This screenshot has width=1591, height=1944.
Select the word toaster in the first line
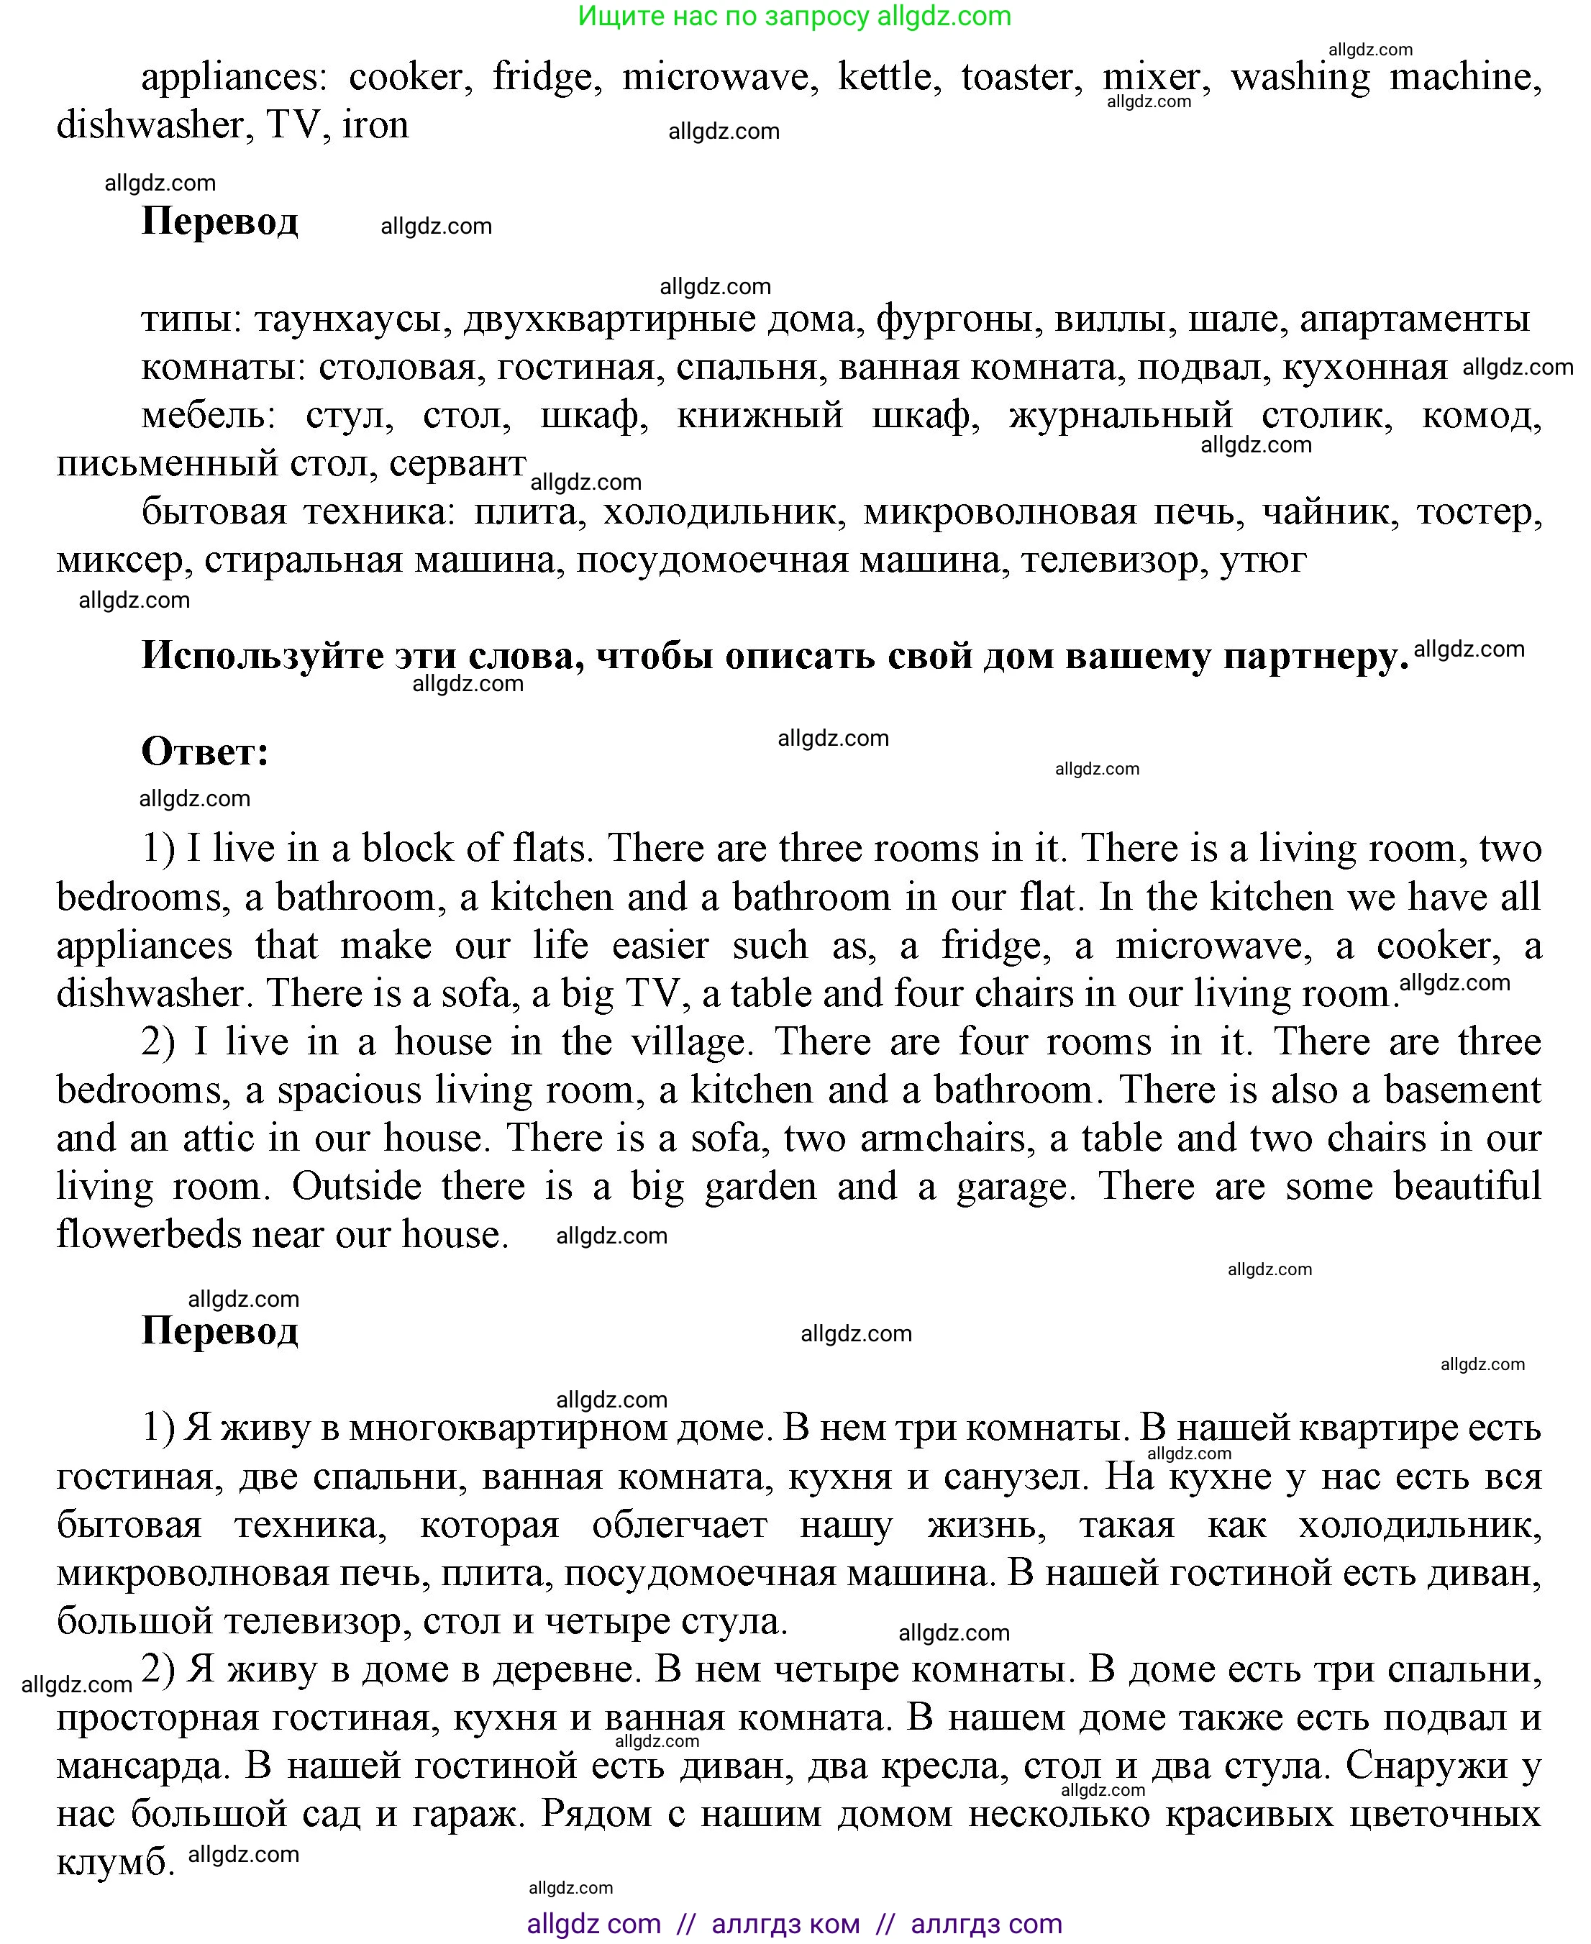click(x=1017, y=77)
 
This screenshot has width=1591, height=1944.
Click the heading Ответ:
click(x=205, y=752)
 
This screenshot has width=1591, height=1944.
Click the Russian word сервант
click(x=457, y=464)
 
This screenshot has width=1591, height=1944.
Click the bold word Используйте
click(x=262, y=656)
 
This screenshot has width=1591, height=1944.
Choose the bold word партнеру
click(x=1315, y=656)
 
